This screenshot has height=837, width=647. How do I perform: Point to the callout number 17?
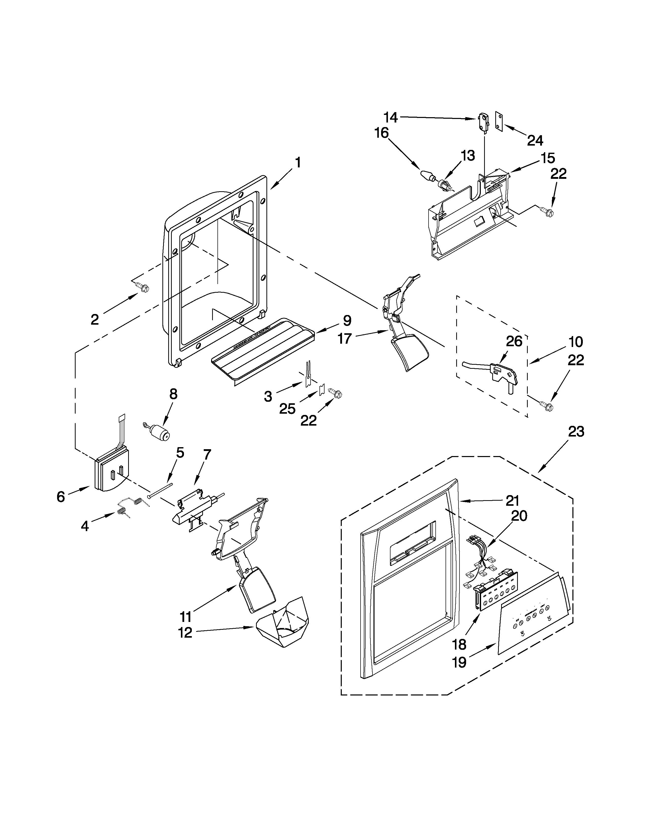click(345, 338)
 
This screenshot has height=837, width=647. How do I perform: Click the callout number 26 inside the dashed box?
click(514, 341)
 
